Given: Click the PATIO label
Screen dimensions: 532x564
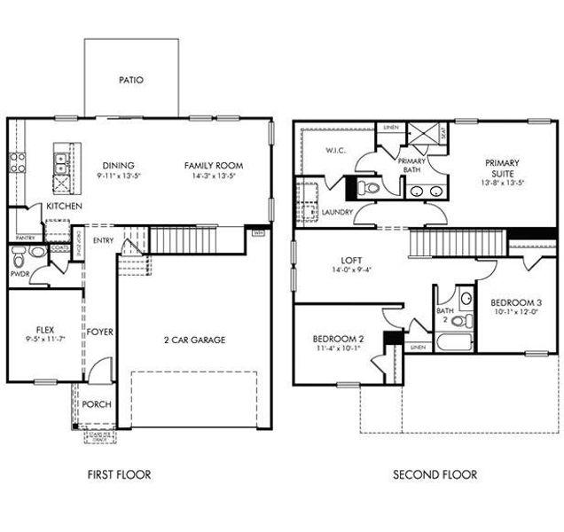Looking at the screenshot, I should tap(130, 80).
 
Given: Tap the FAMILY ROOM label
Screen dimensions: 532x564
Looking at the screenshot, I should tap(213, 165).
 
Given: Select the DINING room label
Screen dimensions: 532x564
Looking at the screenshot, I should tap(118, 165).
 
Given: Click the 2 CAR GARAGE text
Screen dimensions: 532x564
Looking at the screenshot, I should tap(194, 340).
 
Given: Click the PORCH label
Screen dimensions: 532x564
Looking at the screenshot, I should tap(97, 404).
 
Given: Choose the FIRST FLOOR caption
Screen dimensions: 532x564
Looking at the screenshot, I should tap(119, 474).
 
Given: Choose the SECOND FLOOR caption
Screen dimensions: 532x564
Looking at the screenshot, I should tap(435, 474).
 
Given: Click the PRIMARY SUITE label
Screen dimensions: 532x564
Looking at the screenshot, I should tap(501, 168).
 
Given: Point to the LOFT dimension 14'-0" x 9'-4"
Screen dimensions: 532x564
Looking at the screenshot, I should tap(352, 270).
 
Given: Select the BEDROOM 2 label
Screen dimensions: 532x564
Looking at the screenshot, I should tap(338, 340).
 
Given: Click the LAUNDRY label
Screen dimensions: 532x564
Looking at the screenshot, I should tap(337, 212).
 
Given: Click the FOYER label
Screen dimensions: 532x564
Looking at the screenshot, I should tap(99, 332).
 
